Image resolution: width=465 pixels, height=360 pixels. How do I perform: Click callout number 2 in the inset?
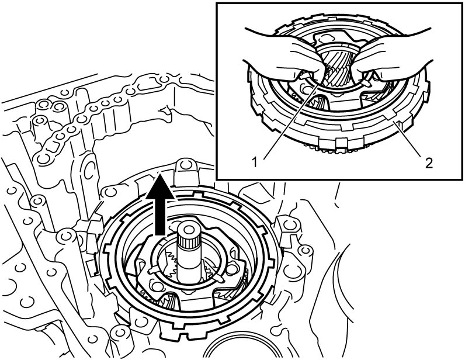pyautogui.click(x=429, y=163)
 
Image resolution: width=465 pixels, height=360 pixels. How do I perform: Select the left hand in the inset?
pyautogui.click(x=284, y=60)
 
